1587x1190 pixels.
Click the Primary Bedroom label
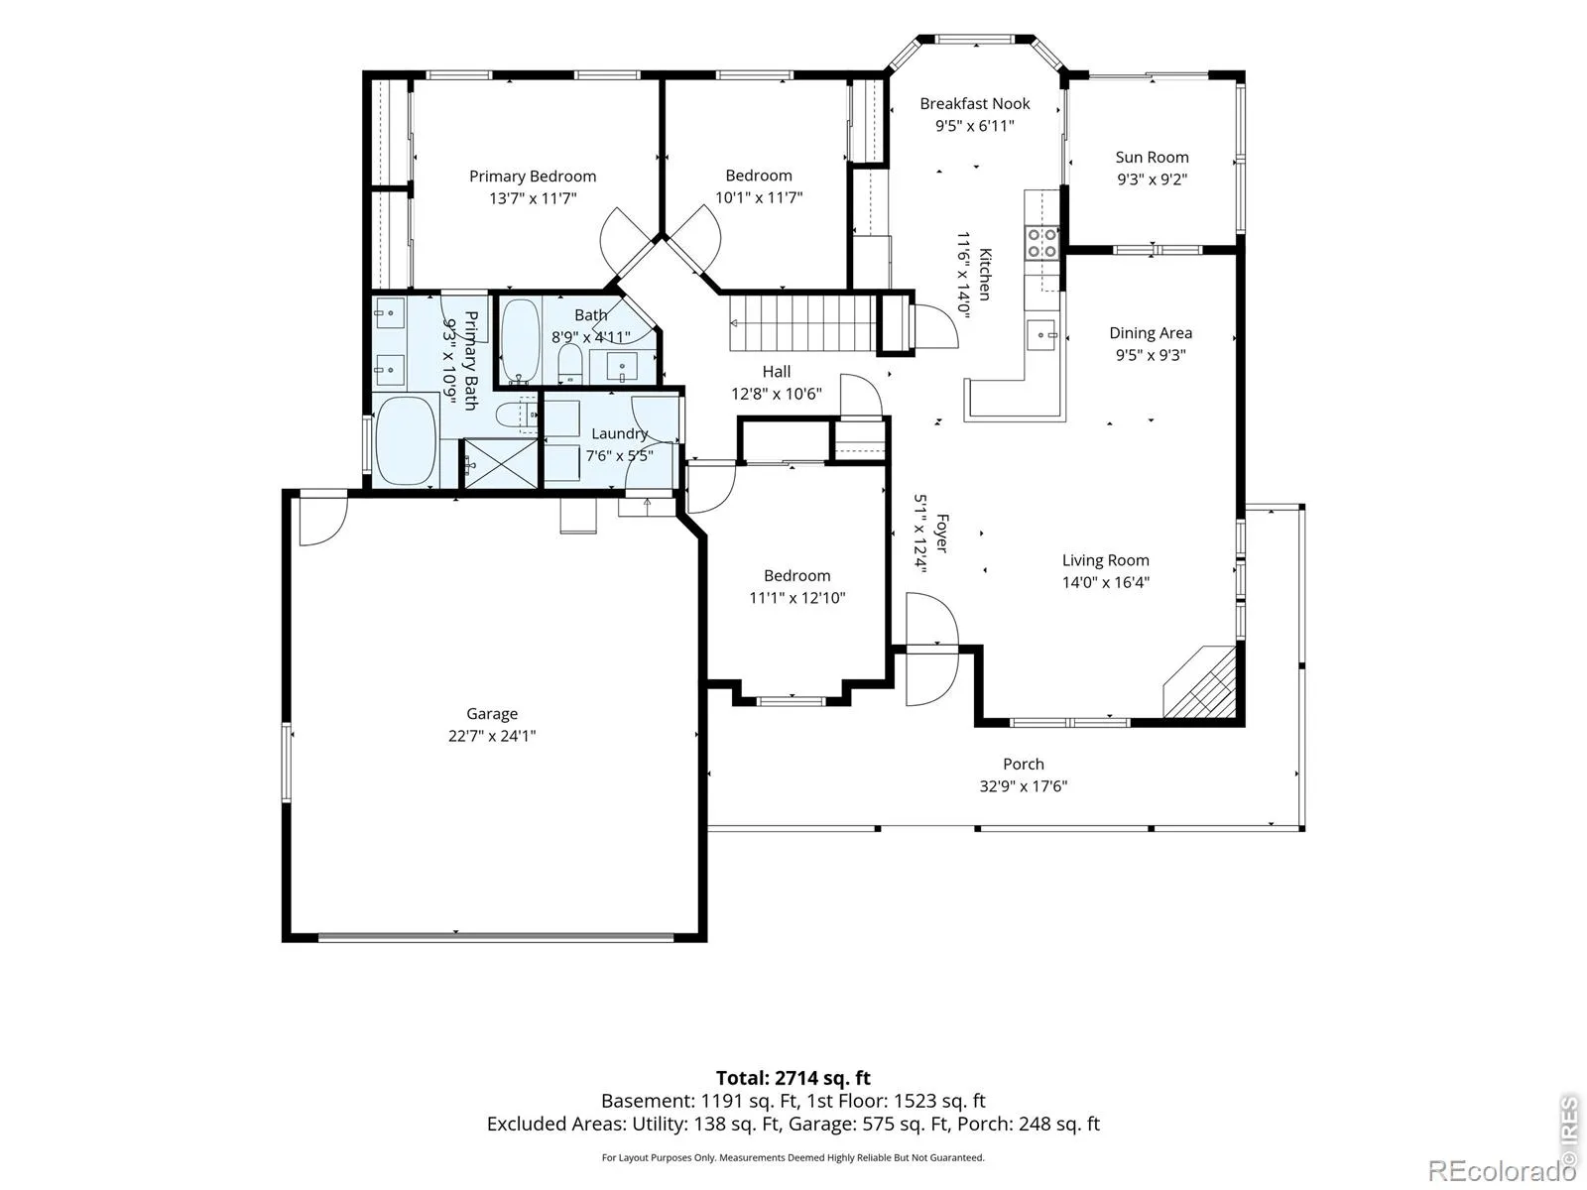[x=532, y=177]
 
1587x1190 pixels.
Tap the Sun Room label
[x=1152, y=158]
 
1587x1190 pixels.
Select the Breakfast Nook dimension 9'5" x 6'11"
[x=975, y=126]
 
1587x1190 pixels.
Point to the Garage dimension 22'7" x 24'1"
[x=492, y=736]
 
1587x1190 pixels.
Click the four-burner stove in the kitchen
[x=1041, y=242]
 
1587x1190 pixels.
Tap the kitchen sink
[x=1041, y=335]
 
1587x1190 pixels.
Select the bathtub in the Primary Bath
[x=407, y=440]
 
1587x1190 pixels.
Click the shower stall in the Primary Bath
[x=500, y=463]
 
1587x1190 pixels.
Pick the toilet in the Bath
[x=570, y=363]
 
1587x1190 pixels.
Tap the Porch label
[x=1023, y=764]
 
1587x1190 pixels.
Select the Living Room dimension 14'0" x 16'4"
[x=1106, y=582]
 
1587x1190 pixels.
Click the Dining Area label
[x=1151, y=333]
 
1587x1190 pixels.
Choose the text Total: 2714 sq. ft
[x=793, y=1078]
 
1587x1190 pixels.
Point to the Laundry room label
[x=620, y=433]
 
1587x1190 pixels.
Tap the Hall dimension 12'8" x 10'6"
[x=777, y=394]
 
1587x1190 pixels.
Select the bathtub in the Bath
[x=521, y=340]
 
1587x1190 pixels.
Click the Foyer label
[x=941, y=534]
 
